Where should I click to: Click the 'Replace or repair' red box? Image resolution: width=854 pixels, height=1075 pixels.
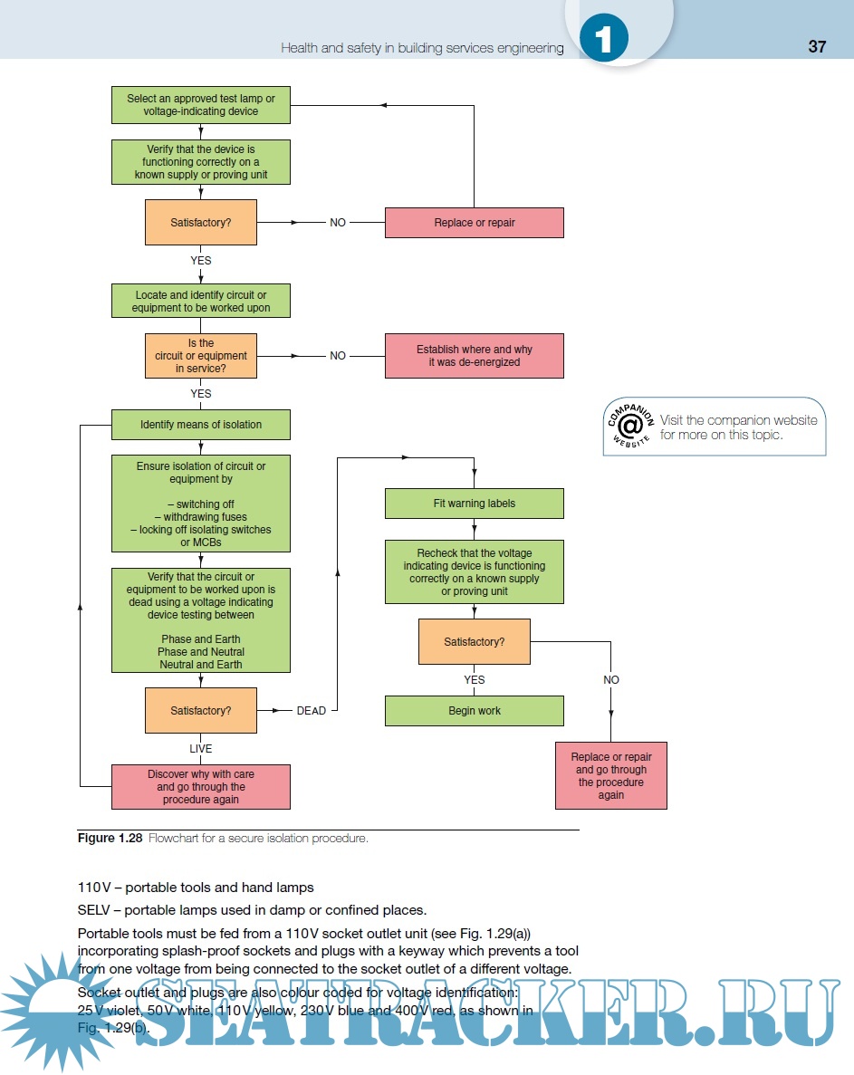click(x=474, y=223)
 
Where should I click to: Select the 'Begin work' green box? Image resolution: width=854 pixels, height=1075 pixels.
click(x=474, y=711)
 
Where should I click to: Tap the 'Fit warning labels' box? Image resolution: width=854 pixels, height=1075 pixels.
click(x=474, y=504)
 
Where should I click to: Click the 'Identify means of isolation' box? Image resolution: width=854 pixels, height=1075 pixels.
click(x=200, y=425)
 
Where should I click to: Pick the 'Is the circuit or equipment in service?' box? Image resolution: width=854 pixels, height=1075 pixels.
click(x=200, y=356)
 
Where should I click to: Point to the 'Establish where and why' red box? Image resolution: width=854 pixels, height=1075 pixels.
click(x=474, y=356)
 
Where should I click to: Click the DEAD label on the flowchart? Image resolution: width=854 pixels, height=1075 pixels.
click(x=311, y=711)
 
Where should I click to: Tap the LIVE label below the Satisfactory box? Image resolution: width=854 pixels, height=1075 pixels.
click(x=200, y=749)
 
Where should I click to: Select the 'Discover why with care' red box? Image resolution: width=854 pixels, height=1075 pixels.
click(x=200, y=787)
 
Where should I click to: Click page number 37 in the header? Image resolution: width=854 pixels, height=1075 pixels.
click(x=816, y=47)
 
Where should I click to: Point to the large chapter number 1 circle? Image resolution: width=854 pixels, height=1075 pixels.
click(x=604, y=39)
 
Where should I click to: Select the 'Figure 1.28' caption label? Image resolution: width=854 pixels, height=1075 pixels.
click(x=109, y=839)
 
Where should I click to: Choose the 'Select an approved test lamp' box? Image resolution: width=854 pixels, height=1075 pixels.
click(x=200, y=105)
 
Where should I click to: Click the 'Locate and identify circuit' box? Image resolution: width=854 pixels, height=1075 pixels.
click(x=200, y=302)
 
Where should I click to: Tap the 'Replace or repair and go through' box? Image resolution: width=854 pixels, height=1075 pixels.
click(x=610, y=776)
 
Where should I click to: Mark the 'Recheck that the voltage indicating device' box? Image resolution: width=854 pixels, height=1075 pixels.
click(x=474, y=572)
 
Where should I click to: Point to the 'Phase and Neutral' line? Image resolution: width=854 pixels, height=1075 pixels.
click(x=200, y=651)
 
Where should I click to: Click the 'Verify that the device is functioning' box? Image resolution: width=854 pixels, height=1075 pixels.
click(x=200, y=162)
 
